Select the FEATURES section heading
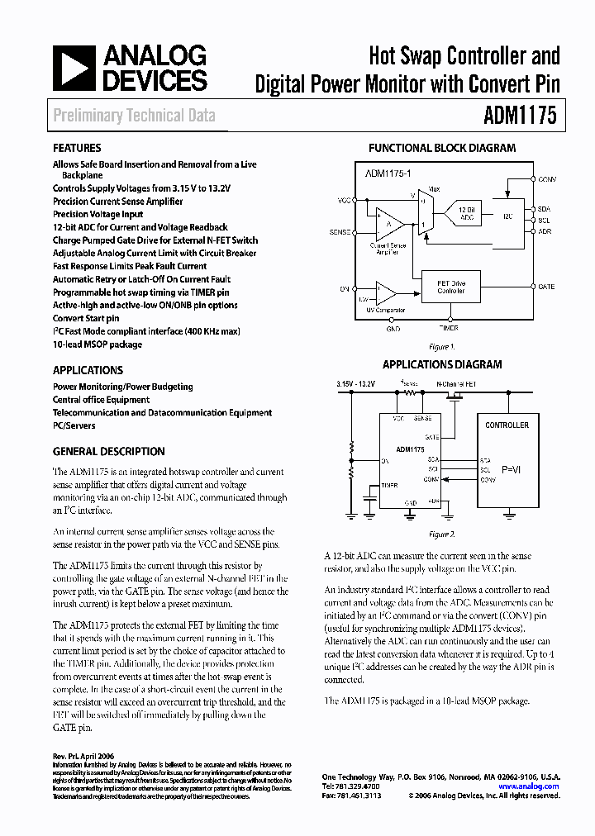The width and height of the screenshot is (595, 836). [77, 148]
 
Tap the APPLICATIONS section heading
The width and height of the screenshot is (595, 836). [88, 370]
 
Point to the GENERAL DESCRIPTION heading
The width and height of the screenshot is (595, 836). [108, 452]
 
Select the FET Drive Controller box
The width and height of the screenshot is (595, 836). [450, 286]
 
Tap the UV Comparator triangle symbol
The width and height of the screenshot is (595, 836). [385, 292]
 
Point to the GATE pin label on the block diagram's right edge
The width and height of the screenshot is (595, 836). [545, 287]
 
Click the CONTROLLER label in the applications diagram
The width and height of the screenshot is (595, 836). [507, 425]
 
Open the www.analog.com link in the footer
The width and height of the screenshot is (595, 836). [540, 786]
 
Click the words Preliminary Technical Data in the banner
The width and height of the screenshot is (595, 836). [134, 116]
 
